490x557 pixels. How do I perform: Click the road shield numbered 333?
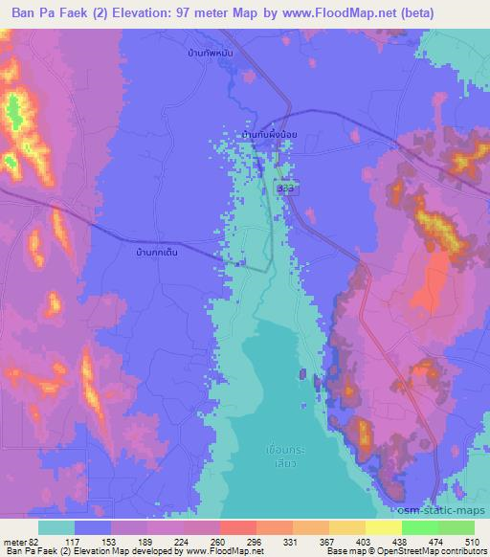(x=286, y=189)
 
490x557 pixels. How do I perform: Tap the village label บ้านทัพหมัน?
(x=212, y=55)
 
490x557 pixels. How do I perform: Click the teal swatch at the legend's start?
(x=56, y=527)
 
